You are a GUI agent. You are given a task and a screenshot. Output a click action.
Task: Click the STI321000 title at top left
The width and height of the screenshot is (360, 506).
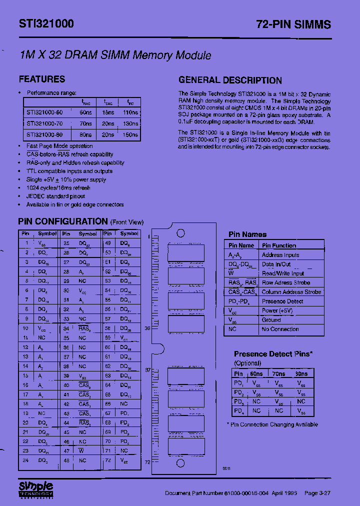click(x=46, y=23)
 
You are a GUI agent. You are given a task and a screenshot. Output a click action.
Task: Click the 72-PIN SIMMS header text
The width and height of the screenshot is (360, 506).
click(x=293, y=24)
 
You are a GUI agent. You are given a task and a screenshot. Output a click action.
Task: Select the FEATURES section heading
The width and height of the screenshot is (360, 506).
click(x=42, y=79)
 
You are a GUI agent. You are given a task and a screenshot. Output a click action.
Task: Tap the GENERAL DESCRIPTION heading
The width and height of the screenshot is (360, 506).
click(x=230, y=80)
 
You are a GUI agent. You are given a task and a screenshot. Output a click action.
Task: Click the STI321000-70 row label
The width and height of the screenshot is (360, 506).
click(x=44, y=123)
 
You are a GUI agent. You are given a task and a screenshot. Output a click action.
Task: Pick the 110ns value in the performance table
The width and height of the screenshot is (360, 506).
click(x=130, y=112)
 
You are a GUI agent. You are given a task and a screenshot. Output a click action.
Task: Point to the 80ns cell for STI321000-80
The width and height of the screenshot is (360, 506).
click(x=85, y=134)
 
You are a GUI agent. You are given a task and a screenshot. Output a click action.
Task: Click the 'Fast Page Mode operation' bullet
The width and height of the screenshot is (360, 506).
click(x=59, y=146)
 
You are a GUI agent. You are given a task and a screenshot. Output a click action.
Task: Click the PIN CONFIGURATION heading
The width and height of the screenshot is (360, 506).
click(x=63, y=221)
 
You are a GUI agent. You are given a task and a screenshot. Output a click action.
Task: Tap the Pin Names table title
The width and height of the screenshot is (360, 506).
click(x=247, y=234)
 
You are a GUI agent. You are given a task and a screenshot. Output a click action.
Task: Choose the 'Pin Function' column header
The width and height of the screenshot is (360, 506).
click(x=279, y=245)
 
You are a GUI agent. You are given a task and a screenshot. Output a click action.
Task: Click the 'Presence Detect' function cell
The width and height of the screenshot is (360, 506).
click(x=282, y=301)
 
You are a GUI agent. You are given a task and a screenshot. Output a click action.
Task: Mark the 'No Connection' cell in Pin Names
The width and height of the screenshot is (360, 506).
click(x=280, y=329)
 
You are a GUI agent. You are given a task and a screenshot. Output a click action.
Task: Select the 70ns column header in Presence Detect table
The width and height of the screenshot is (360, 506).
click(x=278, y=373)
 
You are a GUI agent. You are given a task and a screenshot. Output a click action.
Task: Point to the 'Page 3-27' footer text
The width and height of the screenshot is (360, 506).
click(x=317, y=493)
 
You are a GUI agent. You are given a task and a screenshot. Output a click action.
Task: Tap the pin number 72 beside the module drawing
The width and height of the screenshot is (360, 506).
click(x=147, y=462)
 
